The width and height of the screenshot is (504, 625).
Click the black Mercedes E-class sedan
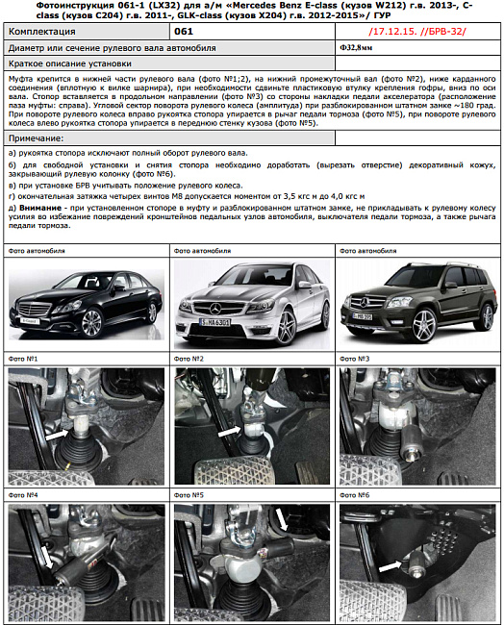click(x=85, y=305)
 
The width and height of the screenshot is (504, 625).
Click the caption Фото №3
click(x=356, y=359)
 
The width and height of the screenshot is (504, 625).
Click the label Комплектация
click(x=42, y=32)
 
